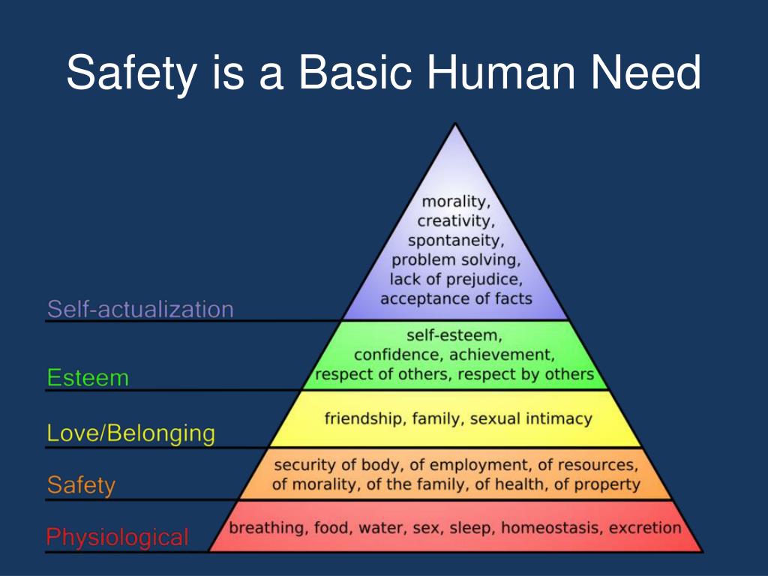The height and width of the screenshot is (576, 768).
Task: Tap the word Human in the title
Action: (x=490, y=73)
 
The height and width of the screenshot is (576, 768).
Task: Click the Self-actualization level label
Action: (x=140, y=308)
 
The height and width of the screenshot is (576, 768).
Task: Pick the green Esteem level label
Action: (x=88, y=377)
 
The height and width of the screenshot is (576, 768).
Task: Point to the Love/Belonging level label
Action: (x=130, y=433)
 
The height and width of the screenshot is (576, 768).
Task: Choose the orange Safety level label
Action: (x=81, y=485)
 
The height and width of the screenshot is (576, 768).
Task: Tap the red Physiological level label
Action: (x=118, y=537)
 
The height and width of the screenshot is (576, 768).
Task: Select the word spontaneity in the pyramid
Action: (x=456, y=241)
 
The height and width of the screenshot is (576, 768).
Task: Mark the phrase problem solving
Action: (x=456, y=260)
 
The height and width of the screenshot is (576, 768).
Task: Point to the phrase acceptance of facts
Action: (x=456, y=298)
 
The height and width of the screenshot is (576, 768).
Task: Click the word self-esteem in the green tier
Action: (x=454, y=335)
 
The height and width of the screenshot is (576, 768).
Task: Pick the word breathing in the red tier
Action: (x=267, y=528)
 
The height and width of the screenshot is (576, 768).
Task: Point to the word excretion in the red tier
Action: (x=645, y=528)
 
